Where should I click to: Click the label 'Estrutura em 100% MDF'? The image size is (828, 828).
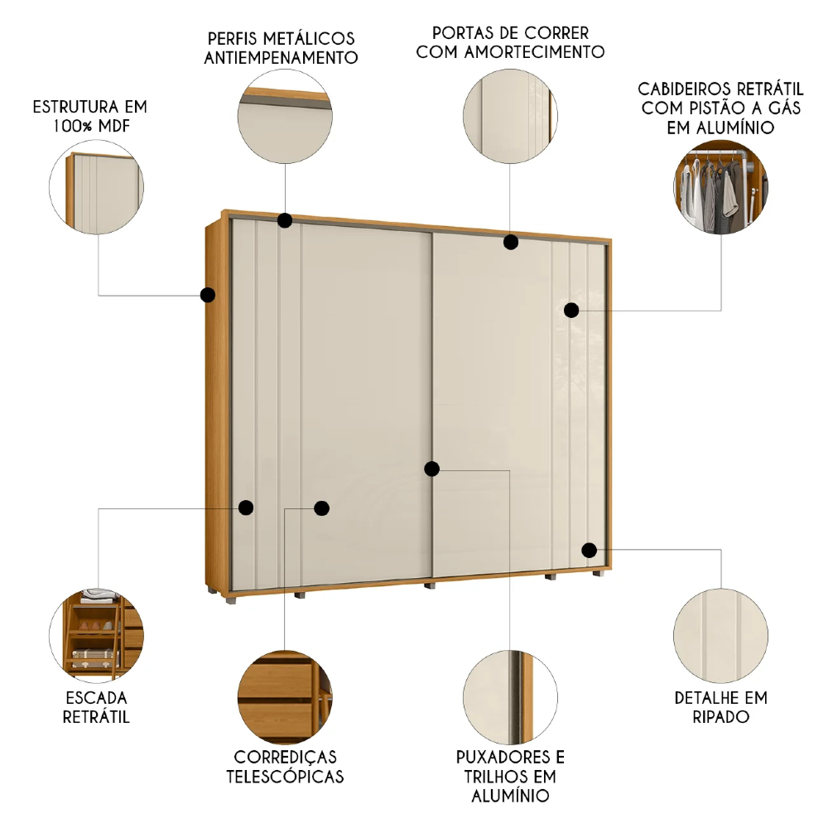(89, 116)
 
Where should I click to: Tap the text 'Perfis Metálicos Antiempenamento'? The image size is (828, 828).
(281, 48)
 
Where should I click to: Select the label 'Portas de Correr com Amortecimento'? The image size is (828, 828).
(510, 42)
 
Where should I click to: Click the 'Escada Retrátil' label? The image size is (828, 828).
(96, 706)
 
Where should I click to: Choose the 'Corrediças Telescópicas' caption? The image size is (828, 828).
(285, 767)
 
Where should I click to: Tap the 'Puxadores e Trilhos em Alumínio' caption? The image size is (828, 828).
(510, 776)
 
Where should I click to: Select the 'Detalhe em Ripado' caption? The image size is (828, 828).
(720, 706)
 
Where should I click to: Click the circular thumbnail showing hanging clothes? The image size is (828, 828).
(720, 188)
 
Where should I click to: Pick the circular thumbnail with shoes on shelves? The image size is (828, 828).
(97, 631)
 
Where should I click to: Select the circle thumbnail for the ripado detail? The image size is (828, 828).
(720, 630)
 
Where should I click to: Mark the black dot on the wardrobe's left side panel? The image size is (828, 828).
(208, 294)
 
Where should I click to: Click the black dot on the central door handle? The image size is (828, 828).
(431, 469)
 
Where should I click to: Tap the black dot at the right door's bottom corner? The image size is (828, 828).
(589, 550)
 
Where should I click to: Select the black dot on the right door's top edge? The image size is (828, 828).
(511, 243)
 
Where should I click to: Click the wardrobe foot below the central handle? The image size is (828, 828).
(429, 585)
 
